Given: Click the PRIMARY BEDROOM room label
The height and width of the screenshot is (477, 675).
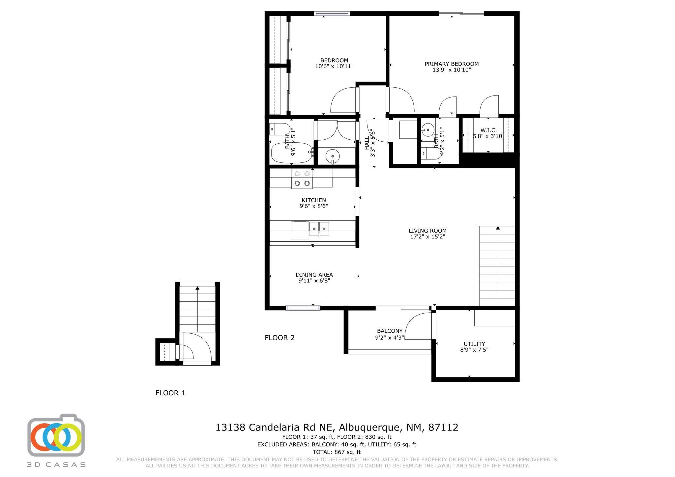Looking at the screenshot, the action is (452, 64).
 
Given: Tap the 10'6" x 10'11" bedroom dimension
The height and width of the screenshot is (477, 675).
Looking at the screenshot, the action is (334, 66).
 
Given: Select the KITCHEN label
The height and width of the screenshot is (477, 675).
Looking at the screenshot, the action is (314, 200).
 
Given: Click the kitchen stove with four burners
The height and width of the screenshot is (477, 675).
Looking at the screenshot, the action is (302, 179).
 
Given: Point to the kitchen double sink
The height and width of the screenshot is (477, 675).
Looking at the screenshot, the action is (319, 229).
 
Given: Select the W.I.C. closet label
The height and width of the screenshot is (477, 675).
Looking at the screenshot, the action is (488, 130).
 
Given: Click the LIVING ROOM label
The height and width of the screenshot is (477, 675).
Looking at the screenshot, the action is (427, 231).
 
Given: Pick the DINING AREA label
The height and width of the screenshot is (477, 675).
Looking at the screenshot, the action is (314, 275).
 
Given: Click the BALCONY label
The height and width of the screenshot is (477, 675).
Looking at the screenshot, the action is (390, 331).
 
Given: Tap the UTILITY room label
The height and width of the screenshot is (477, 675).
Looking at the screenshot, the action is (474, 344).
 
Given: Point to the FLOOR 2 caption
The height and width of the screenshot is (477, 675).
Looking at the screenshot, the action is (279, 338).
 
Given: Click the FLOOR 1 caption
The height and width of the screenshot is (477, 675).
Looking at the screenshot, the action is (170, 393).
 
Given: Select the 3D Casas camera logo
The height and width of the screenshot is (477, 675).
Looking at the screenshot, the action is (56, 435).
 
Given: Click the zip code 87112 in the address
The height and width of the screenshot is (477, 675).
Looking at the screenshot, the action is (443, 427).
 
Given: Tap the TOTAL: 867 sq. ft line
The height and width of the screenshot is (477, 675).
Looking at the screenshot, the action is (337, 452).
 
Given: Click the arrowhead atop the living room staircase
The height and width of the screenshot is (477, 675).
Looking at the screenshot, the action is (498, 228).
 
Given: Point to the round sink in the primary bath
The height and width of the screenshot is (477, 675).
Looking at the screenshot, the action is (427, 130).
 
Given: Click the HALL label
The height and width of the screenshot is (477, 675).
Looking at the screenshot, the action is (367, 143).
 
